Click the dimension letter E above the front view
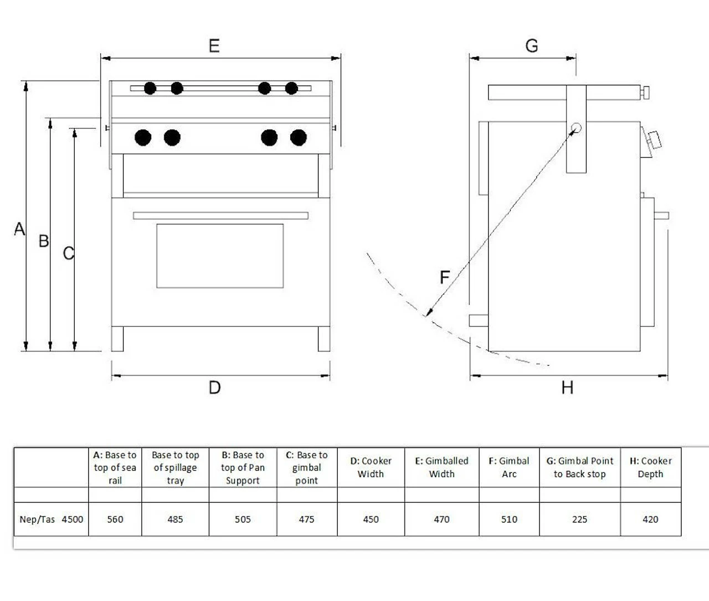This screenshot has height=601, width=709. [214, 45]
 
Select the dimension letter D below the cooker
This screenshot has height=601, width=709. [214, 387]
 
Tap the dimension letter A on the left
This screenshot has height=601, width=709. [19, 228]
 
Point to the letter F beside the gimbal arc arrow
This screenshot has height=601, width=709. [444, 277]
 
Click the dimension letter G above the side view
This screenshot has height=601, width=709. [531, 45]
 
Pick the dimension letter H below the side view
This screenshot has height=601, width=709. [567, 387]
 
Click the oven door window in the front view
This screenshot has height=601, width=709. [220, 256]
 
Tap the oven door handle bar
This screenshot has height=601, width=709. [220, 216]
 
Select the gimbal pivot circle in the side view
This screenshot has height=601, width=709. [576, 129]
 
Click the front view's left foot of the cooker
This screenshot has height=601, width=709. [117, 339]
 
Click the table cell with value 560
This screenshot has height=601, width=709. [115, 519]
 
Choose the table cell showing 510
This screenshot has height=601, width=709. [509, 519]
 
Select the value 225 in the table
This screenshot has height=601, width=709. [579, 519]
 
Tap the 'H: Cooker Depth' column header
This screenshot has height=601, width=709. [650, 467]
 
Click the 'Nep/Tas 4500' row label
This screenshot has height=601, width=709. [51, 519]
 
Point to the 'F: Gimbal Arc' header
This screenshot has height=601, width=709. [509, 467]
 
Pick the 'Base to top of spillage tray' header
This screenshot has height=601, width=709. [175, 467]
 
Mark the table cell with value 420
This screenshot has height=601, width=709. [650, 519]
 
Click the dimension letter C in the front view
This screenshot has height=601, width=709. [68, 253]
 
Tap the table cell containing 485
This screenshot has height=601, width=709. [175, 519]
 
